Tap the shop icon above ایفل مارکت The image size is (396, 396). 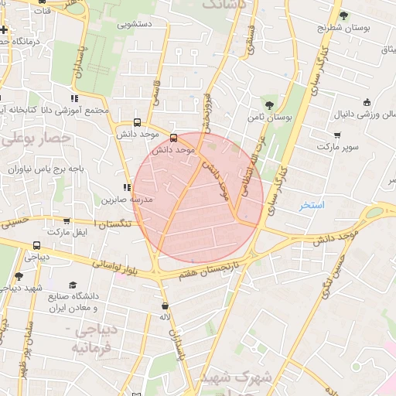point(66,220)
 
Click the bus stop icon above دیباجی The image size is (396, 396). point(37,246)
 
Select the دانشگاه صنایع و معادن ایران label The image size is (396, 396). point(84,302)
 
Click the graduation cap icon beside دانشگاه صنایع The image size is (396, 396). point(73,285)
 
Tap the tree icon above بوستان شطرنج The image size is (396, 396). point(343,15)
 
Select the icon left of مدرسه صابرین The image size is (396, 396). point(126,187)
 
